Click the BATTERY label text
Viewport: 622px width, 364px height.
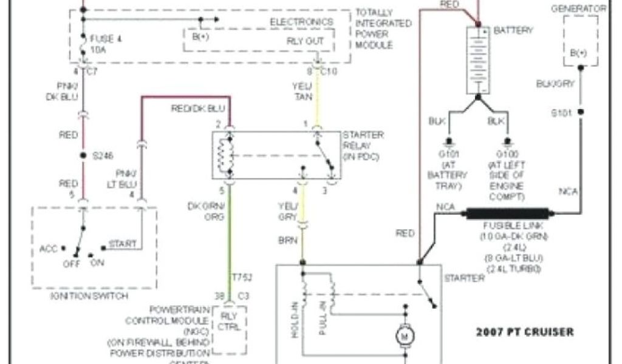coord(513,30)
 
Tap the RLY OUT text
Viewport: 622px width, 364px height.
coord(305,41)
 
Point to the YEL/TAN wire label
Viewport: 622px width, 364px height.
coord(302,91)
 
